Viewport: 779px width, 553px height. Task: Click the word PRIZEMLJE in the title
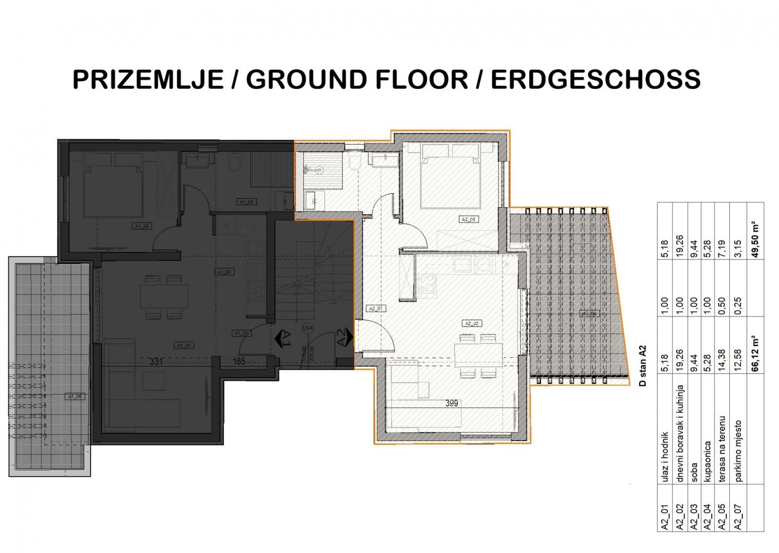148,79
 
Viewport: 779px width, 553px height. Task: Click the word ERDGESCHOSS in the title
595,79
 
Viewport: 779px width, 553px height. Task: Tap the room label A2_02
471,323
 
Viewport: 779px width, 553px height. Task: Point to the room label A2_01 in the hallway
376,309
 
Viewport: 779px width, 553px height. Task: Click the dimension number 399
451,403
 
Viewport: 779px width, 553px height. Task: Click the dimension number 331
156,362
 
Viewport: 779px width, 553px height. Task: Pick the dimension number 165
239,362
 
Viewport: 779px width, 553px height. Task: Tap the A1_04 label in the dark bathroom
246,202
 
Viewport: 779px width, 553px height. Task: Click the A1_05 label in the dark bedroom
142,226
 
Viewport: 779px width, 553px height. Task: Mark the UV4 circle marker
307,328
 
